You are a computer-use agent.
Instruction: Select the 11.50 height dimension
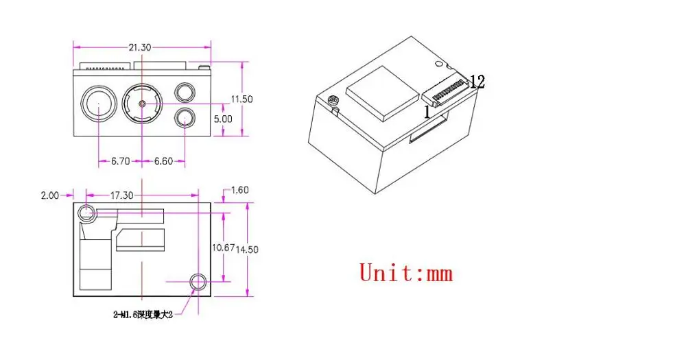pos(241,99)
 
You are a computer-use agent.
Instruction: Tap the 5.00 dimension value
pos(223,118)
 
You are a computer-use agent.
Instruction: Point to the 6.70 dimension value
pos(121,161)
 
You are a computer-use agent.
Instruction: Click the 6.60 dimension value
pos(163,161)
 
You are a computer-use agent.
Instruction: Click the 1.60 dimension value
pos(240,190)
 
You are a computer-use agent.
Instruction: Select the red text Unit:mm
pos(406,272)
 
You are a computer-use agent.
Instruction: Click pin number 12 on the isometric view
pos(477,82)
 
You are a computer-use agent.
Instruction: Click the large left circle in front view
pos(97,104)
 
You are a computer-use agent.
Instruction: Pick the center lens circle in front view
pos(141,104)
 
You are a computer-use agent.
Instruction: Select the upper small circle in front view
pos(184,92)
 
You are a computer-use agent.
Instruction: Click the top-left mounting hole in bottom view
pos(86,213)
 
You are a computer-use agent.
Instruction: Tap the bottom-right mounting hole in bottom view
pos(198,280)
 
